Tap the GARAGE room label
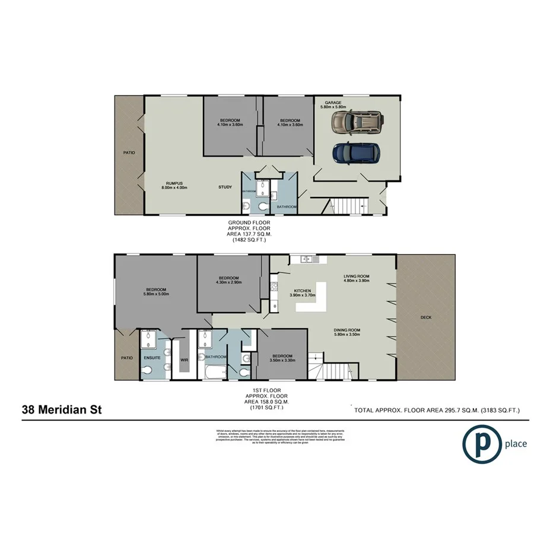click(x=332, y=103)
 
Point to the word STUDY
click(x=225, y=187)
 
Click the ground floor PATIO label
click(x=129, y=152)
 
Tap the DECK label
click(x=425, y=317)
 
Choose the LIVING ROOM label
click(x=357, y=276)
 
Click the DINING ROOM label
click(x=348, y=330)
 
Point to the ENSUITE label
click(x=151, y=358)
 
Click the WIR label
click(x=184, y=358)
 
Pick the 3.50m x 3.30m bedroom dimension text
click(x=282, y=360)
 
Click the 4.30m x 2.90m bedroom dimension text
click(x=228, y=283)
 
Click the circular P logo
click(x=481, y=444)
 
